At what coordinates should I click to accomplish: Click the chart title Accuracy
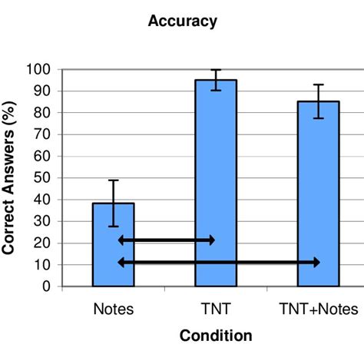182,22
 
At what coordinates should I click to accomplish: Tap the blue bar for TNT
216,184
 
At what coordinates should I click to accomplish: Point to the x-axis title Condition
216,336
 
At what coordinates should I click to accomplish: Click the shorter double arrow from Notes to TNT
166,240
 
